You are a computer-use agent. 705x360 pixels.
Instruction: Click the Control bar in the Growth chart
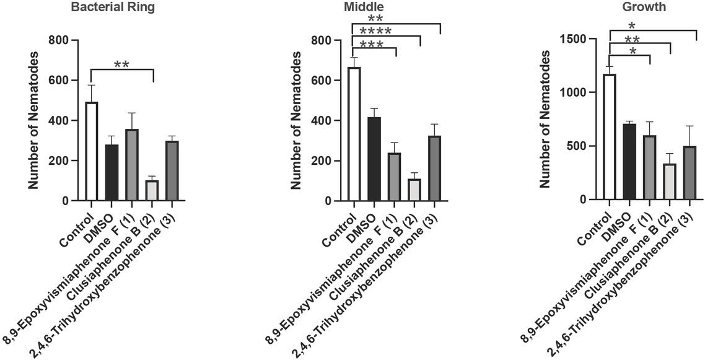click(x=610, y=137)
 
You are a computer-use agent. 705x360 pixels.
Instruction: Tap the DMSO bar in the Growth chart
click(x=630, y=162)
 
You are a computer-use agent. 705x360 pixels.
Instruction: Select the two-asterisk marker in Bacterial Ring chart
click(x=121, y=64)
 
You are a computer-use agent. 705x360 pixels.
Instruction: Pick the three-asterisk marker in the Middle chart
click(x=372, y=45)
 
